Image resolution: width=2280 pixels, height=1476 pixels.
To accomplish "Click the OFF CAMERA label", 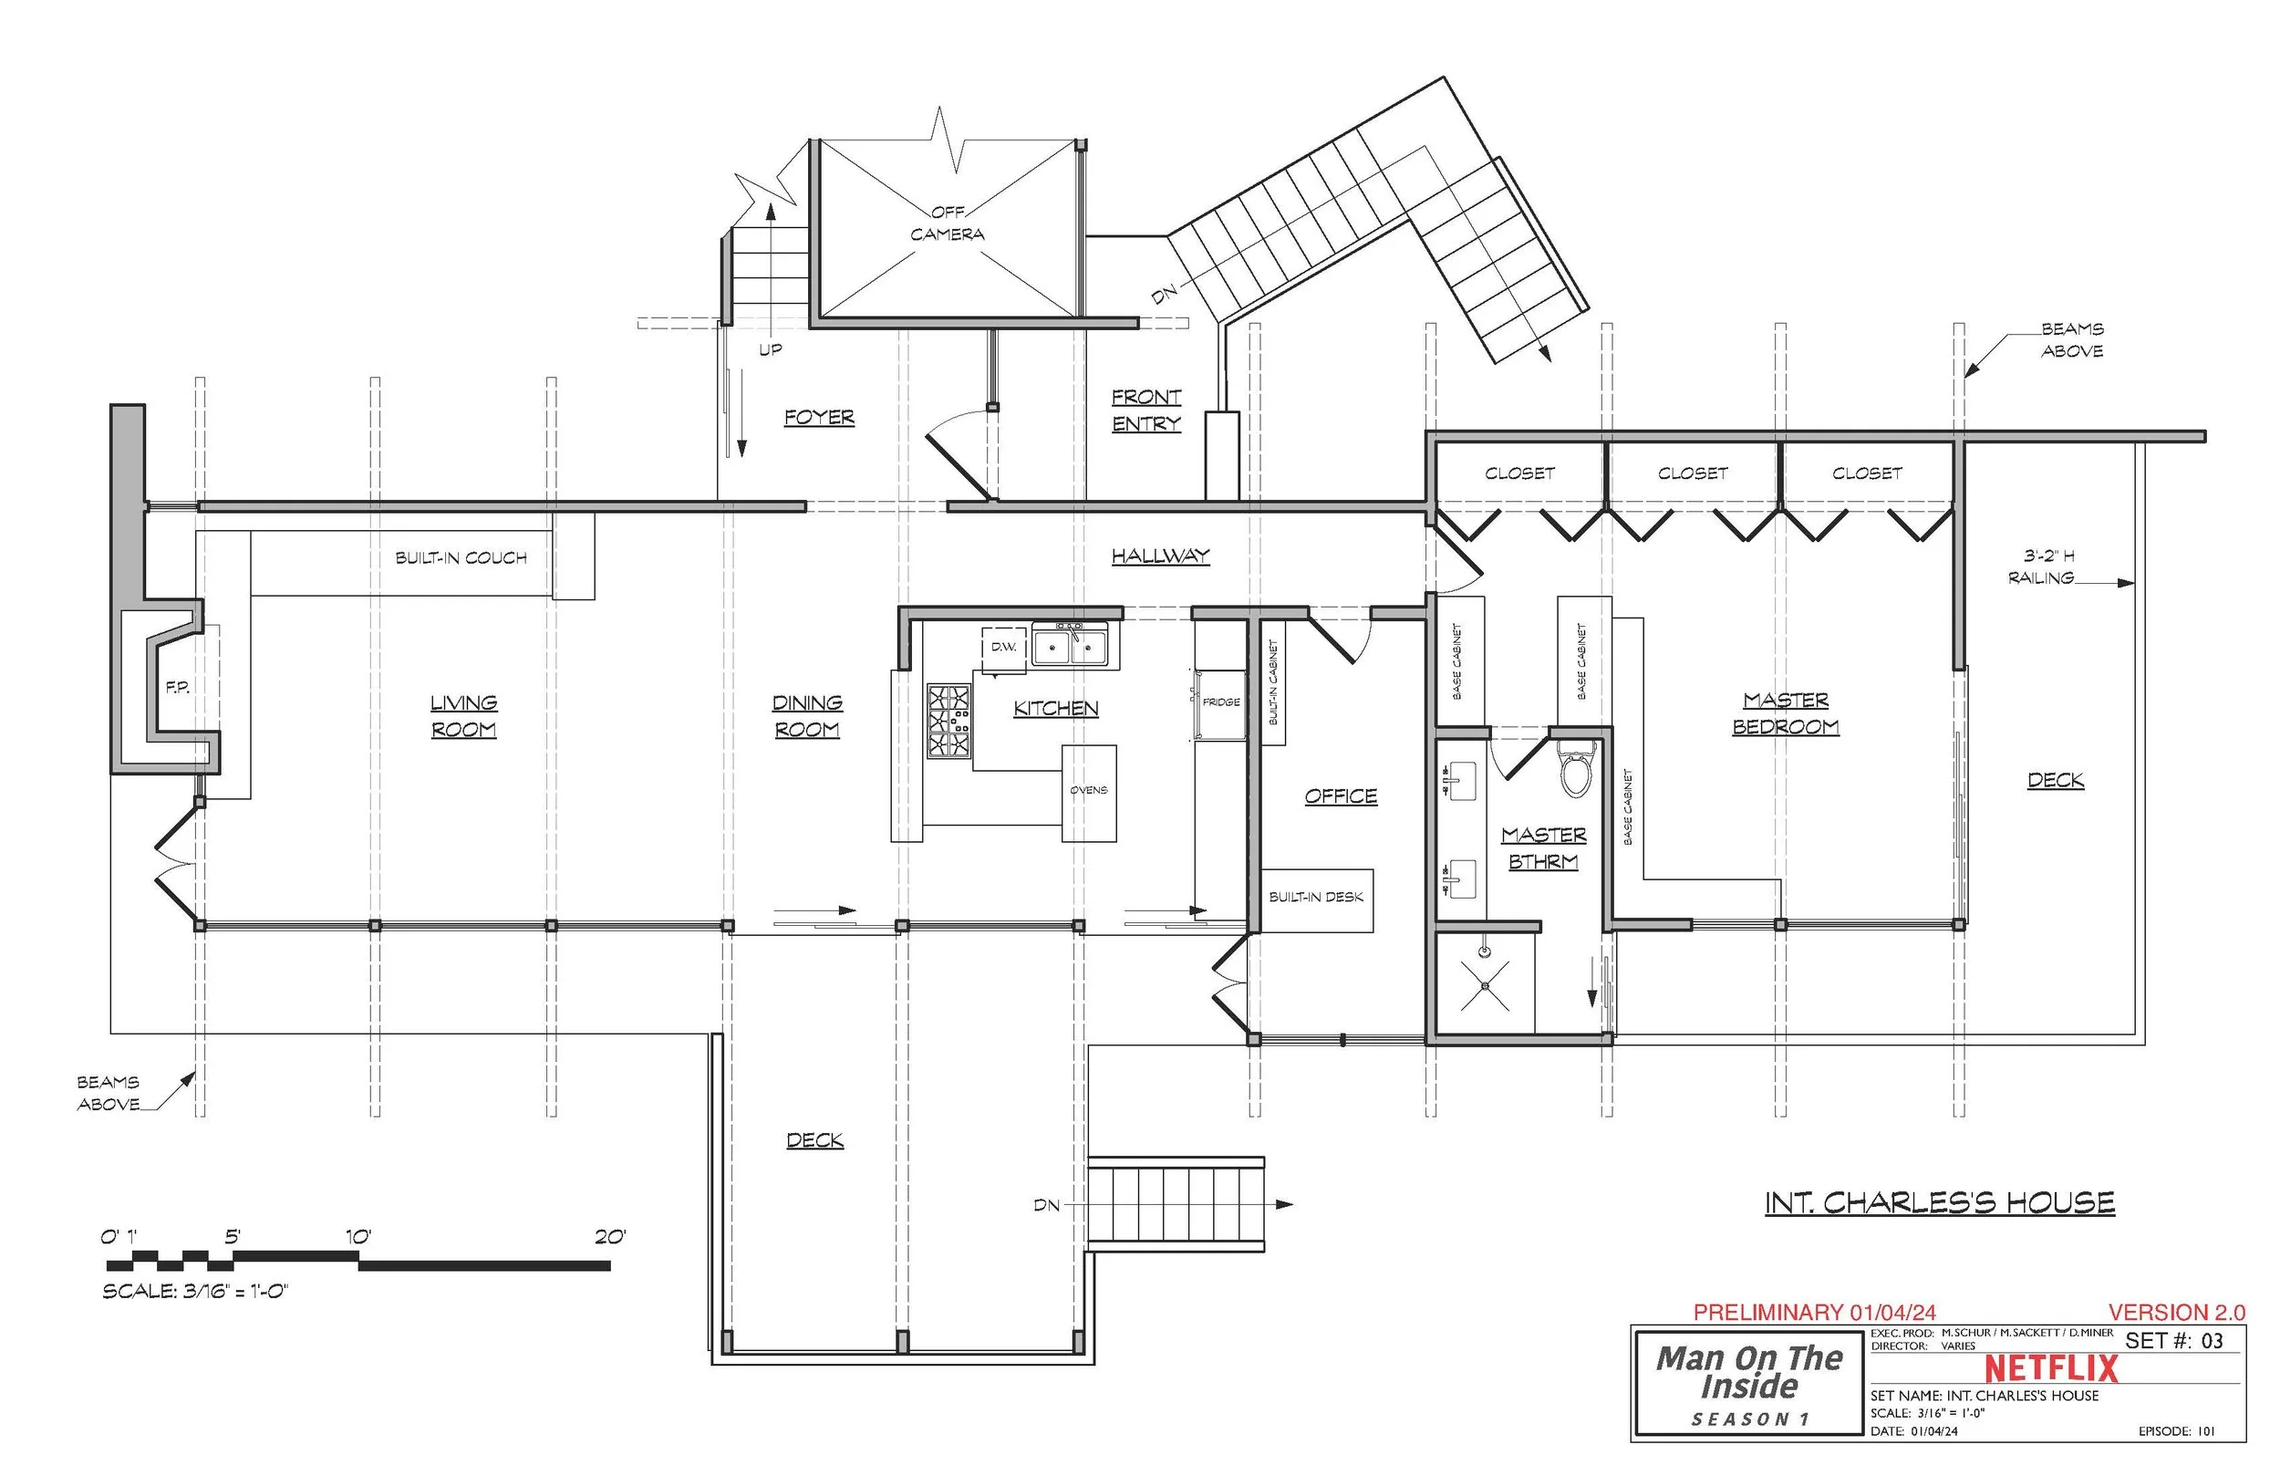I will [947, 223].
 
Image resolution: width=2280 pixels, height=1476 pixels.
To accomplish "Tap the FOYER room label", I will [819, 417].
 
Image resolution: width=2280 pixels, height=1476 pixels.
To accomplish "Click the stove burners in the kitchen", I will [948, 721].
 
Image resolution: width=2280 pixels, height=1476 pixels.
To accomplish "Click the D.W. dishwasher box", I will [1003, 648].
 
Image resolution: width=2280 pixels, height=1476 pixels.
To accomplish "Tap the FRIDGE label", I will [1220, 702].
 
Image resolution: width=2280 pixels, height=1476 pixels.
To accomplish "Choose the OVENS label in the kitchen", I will [1088, 791].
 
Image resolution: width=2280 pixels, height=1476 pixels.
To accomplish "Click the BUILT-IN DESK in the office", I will [1315, 898].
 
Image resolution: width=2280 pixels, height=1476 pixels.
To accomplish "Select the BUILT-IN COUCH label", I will [461, 557].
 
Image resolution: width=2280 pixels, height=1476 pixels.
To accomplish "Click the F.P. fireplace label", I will [177, 687].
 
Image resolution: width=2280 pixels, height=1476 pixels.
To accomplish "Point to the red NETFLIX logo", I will [2051, 1368].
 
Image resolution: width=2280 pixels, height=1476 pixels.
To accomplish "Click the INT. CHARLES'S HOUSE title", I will [1939, 1204].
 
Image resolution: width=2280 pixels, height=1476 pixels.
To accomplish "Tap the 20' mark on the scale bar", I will [609, 1238].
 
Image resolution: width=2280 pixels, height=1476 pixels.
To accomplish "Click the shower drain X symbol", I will [1485, 985].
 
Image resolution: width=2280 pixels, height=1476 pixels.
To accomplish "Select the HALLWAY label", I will [1160, 556].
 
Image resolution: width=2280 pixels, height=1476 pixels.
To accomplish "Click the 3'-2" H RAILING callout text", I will [2047, 566].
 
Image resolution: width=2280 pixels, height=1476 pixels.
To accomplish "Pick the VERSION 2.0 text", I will [2176, 1312].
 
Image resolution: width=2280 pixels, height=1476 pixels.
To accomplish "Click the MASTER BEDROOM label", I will [1785, 714].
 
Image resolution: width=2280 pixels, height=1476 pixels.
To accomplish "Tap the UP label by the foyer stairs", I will [771, 349].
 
